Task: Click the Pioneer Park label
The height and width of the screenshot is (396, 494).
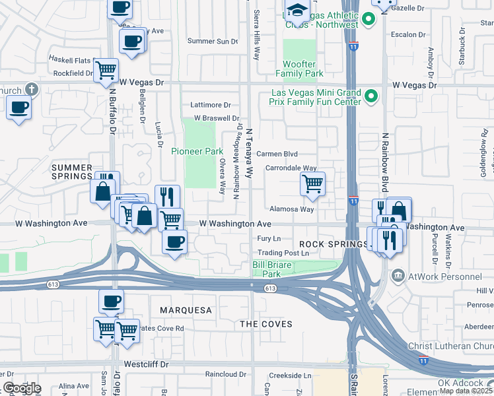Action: (197, 151)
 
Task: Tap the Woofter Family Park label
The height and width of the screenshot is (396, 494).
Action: (303, 69)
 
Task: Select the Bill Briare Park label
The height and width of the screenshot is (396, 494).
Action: (277, 269)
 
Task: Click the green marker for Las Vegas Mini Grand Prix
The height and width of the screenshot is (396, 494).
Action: (371, 97)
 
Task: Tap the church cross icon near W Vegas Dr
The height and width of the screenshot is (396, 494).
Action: (31, 89)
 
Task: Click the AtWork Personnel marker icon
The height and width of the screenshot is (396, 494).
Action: (398, 276)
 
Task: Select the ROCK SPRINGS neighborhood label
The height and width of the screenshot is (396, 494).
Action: (332, 244)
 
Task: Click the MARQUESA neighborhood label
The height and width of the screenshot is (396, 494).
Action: (186, 310)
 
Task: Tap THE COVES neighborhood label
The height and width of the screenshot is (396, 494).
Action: (265, 324)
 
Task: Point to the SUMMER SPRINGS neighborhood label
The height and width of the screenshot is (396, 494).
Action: (72, 172)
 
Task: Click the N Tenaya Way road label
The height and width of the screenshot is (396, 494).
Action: (250, 153)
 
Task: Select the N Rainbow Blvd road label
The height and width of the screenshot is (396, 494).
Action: (383, 160)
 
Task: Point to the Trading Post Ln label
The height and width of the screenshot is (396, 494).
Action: (283, 253)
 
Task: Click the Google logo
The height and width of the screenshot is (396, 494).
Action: (21, 388)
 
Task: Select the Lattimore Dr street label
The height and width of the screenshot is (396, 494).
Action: (210, 105)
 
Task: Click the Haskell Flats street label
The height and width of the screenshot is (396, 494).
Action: (71, 59)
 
